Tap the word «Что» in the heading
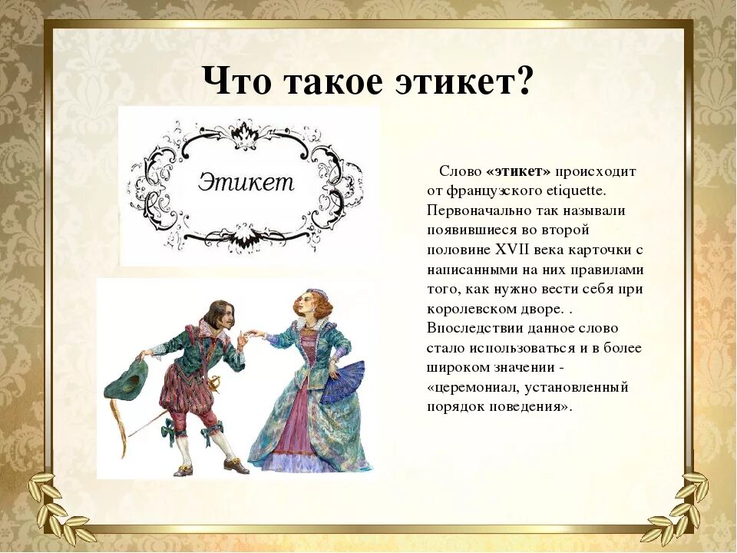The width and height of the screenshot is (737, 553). tap(236, 81)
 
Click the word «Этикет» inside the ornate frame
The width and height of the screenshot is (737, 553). tap(246, 181)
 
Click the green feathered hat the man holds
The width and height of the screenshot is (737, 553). tap(127, 383)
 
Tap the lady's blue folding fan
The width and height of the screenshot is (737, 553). tap(343, 381)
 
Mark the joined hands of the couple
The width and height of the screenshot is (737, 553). tap(251, 336)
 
